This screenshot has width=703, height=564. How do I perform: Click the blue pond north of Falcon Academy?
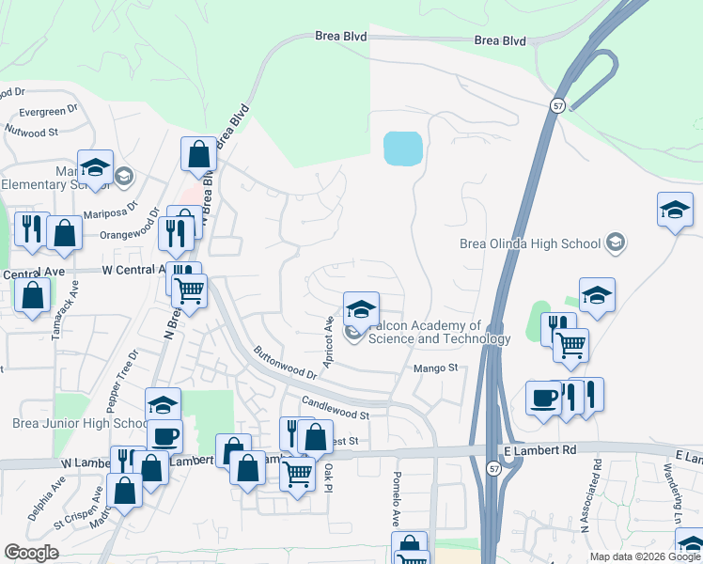click(402, 148)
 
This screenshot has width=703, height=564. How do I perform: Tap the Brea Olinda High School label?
click(529, 243)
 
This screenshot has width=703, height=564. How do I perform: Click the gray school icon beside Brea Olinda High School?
click(615, 243)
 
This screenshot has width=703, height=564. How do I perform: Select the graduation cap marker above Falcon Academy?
click(360, 309)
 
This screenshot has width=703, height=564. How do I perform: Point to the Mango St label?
click(435, 368)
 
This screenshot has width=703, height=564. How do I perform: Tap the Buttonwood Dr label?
click(285, 363)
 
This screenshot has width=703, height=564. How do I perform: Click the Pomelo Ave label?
click(397, 498)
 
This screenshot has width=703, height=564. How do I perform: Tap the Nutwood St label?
click(32, 131)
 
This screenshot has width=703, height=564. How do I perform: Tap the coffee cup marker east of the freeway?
click(542, 398)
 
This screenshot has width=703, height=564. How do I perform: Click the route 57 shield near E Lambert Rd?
click(494, 468)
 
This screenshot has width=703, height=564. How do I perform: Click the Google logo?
click(32, 553)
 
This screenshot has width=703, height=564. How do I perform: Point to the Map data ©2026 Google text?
click(645, 556)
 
